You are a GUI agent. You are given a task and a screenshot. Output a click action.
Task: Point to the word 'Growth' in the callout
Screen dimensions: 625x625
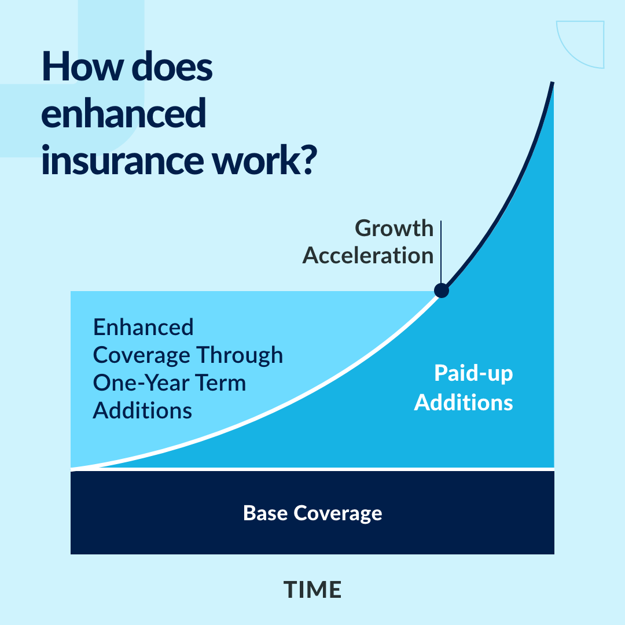click(394, 228)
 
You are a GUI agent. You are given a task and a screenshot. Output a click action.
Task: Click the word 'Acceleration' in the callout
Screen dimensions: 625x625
click(367, 255)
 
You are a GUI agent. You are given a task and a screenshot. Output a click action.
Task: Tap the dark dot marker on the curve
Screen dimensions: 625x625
click(441, 290)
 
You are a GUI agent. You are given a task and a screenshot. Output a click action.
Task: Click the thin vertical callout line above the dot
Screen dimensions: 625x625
click(441, 249)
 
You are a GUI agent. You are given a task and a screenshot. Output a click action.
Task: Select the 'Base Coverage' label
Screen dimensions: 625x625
click(312, 513)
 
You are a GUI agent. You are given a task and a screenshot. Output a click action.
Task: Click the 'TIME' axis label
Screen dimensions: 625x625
click(312, 590)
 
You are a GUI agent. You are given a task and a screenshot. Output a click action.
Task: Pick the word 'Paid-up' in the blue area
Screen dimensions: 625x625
click(473, 374)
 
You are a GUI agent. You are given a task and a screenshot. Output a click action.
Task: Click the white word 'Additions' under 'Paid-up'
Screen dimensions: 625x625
click(464, 402)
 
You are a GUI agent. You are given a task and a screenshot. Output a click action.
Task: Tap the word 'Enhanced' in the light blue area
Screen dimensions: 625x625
click(143, 328)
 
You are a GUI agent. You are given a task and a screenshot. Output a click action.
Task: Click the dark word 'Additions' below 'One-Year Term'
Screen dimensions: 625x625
click(142, 410)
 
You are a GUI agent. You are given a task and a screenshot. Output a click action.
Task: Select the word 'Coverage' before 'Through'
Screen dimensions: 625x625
click(142, 355)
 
